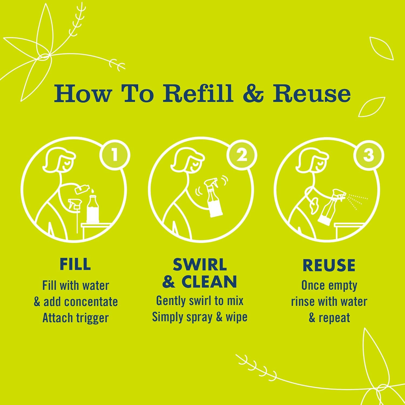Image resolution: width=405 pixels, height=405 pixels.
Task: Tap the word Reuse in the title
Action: click(x=312, y=93)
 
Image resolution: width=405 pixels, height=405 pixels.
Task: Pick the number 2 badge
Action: click(x=242, y=156)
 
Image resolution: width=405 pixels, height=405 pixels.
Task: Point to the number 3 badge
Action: click(x=369, y=156)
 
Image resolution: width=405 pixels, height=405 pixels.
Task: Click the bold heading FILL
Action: click(x=75, y=264)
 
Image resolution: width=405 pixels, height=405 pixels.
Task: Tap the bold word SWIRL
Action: click(x=200, y=265)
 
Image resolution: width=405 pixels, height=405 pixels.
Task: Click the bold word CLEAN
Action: click(x=209, y=282)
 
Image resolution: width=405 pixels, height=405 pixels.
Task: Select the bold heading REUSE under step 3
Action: click(x=329, y=265)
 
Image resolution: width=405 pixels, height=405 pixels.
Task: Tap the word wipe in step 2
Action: click(x=237, y=317)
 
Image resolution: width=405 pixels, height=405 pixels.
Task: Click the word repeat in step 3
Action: click(x=334, y=318)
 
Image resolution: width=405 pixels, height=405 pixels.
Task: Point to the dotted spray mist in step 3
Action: click(x=357, y=201)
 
